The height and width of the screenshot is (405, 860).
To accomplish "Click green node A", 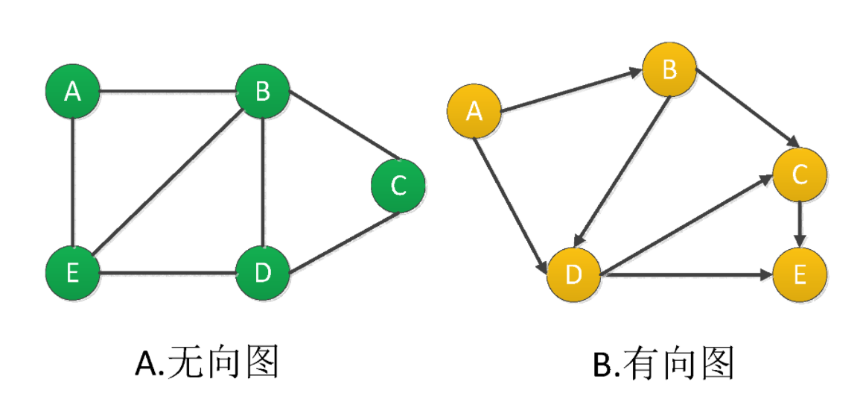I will coord(72,92).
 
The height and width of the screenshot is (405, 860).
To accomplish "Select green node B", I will coord(262,92).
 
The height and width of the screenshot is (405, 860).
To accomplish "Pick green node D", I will coord(262,273).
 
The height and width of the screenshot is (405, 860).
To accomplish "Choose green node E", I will coord(72,273).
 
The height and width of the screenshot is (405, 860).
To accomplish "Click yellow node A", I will coord(473,112).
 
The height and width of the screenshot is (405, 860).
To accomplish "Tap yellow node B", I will coord(669,70).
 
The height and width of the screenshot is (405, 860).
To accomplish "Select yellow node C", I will coord(800,175).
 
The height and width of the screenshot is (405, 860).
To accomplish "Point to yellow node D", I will coord(573,274).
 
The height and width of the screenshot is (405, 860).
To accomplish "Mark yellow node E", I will coord(800,274).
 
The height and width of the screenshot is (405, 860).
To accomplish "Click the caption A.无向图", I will coord(207,364).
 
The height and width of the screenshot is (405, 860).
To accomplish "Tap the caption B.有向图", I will coord(663,364).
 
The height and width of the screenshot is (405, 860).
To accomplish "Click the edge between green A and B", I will coord(168,92).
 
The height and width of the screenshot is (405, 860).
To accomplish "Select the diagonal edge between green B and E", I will coord(168,182).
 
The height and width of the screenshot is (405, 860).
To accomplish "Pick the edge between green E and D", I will coord(168,273).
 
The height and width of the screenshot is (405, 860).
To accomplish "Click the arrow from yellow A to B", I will coord(570,91).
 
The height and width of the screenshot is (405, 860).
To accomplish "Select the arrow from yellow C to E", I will coord(800,224).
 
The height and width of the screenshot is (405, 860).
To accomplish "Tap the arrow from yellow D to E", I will coord(685,274).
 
